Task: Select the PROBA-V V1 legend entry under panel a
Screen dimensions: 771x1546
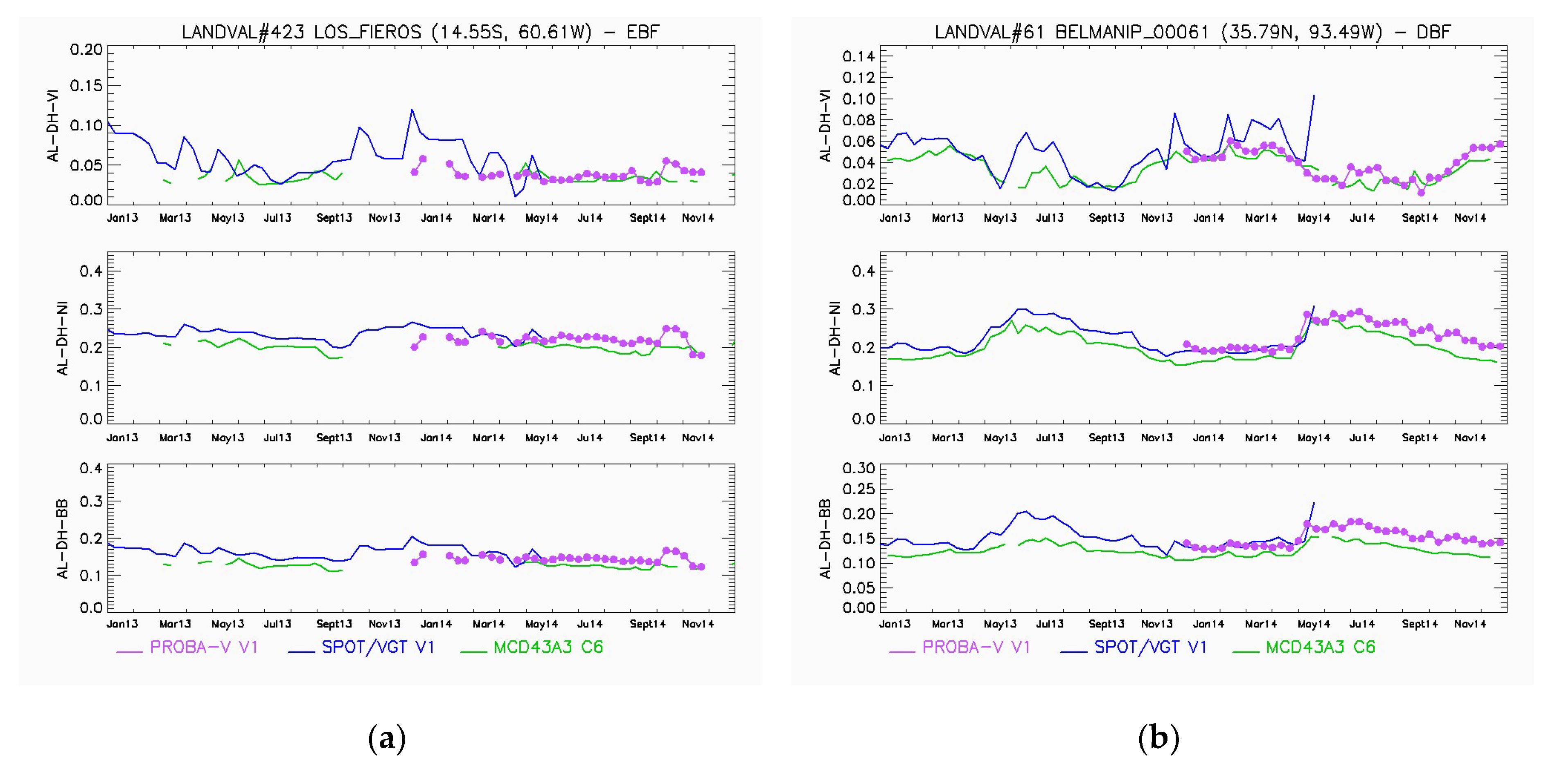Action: [203, 647]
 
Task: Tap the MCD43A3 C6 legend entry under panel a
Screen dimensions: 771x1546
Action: [548, 647]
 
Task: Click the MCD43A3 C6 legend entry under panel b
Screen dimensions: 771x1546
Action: [1320, 647]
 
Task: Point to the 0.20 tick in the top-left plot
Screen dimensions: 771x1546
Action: [86, 49]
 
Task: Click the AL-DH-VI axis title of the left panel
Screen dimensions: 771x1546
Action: [54, 126]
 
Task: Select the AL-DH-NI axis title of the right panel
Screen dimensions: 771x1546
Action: [834, 338]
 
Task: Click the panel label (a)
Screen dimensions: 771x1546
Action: [386, 738]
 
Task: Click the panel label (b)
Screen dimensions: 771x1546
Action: [1158, 738]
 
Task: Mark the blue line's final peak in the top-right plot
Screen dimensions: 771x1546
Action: [1314, 95]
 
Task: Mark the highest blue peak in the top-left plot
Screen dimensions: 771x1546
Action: [412, 110]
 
